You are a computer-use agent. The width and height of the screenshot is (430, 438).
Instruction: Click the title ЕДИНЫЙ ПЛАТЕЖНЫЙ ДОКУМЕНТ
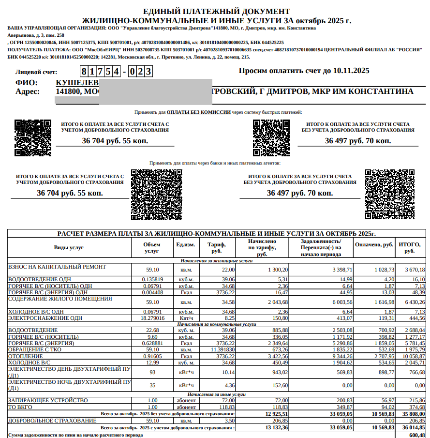(217, 11)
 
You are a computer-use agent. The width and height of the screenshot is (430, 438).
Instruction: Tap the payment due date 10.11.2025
(351, 71)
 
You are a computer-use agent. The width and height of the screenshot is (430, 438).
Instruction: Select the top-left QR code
(33, 137)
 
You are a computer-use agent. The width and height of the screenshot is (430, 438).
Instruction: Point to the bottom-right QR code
(383, 194)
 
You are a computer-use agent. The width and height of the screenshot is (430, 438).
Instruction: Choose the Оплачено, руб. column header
(374, 245)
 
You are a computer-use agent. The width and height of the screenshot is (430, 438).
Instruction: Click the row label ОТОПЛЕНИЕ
(27, 356)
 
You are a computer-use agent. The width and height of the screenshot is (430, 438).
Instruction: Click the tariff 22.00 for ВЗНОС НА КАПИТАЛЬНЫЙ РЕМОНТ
(228, 270)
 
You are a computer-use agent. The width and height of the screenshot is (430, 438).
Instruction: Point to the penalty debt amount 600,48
(416, 435)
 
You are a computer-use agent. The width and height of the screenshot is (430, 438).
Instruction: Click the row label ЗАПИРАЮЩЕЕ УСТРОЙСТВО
(48, 400)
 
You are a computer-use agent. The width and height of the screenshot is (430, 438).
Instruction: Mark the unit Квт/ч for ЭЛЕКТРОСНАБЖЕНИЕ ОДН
(186, 318)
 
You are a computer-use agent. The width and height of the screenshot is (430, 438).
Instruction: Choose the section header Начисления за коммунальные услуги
(217, 324)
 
